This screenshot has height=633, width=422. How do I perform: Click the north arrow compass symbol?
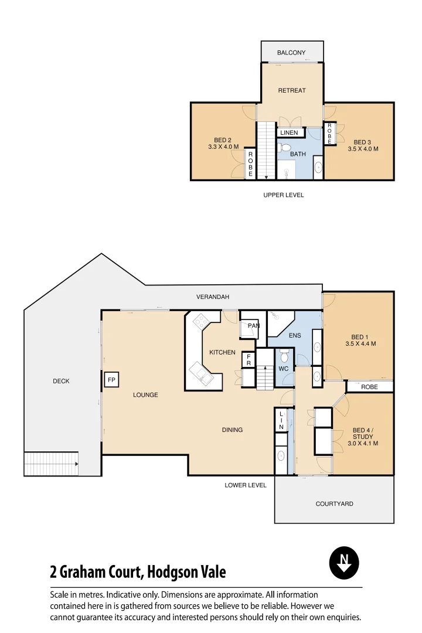click(x=344, y=563)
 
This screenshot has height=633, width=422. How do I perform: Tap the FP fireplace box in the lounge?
click(x=111, y=380)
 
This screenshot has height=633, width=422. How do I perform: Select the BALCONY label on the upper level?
click(x=291, y=53)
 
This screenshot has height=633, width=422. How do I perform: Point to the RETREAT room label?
click(x=291, y=90)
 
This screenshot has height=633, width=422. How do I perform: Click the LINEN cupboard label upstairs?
click(x=289, y=133)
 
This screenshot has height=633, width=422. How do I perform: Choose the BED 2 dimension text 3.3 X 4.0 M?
click(x=223, y=147)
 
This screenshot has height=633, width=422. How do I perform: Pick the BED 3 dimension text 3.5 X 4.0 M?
click(x=363, y=149)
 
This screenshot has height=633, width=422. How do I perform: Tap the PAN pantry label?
click(x=253, y=325)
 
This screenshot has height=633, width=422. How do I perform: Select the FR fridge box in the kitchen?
click(x=249, y=359)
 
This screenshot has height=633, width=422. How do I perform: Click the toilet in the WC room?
click(x=284, y=356)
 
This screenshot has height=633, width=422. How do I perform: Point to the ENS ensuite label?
click(x=294, y=336)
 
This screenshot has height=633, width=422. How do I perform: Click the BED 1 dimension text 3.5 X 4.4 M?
click(x=360, y=344)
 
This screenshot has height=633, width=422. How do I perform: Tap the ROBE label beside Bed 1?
click(x=369, y=387)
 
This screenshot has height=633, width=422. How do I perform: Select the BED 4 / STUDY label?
click(x=363, y=433)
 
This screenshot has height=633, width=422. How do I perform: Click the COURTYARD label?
click(x=334, y=503)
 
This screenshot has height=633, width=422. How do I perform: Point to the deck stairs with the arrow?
click(x=51, y=464)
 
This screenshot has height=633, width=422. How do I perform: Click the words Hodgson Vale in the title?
click(x=186, y=571)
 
